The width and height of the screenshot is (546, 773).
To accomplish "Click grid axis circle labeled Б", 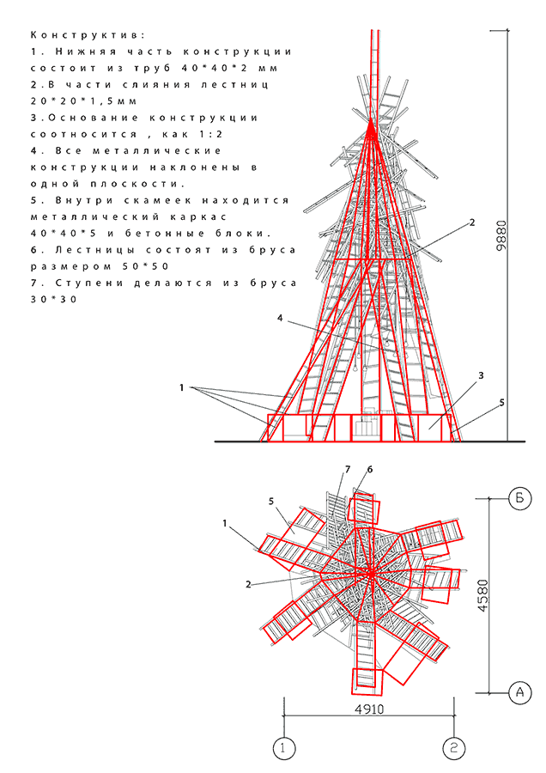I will [519, 497].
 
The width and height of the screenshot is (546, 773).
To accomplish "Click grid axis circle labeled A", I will [519, 691].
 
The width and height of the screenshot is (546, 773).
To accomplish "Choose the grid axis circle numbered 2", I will [454, 748].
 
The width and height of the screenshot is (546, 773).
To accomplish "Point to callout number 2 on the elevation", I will [471, 222].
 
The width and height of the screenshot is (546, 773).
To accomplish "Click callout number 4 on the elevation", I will [280, 319].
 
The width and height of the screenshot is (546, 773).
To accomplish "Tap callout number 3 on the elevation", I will [482, 375].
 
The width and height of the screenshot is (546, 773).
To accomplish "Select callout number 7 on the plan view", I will [347, 469].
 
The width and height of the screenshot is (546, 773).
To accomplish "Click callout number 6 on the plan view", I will [370, 469].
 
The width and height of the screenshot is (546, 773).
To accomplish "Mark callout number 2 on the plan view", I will [247, 584].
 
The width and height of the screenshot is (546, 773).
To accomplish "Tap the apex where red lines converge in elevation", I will [372, 126].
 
